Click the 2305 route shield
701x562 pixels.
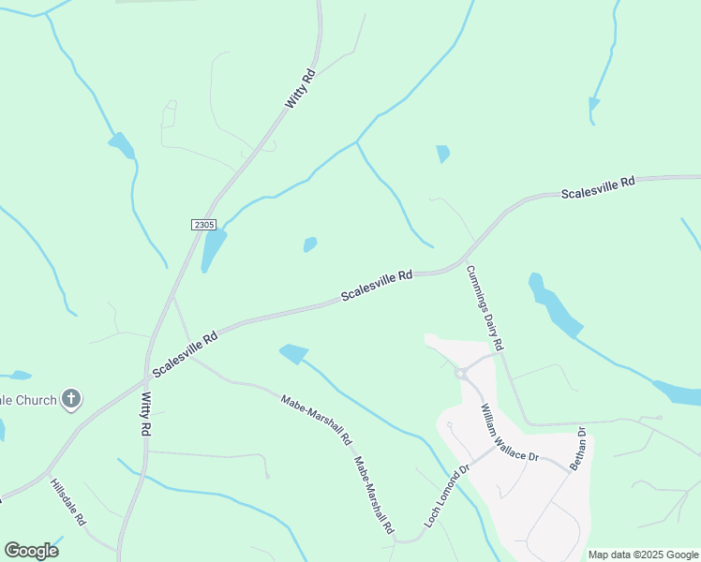point(203,225)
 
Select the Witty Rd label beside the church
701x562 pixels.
point(145,413)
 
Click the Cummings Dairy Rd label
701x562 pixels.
point(485,308)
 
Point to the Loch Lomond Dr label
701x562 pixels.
point(447,496)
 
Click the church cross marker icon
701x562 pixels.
point(71,400)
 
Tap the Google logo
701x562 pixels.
point(31,551)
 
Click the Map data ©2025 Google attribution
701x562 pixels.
point(644,555)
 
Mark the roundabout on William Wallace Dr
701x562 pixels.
point(461,374)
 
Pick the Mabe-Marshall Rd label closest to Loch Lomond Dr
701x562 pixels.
point(373,495)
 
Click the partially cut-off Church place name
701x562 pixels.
point(28,400)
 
